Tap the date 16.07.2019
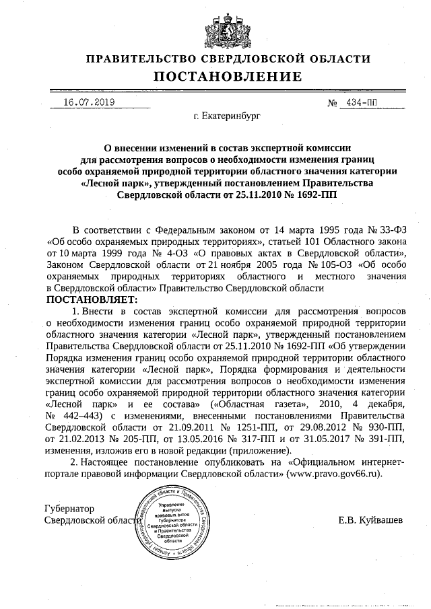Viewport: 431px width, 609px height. point(89,102)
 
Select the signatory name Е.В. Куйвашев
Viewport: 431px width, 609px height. point(369,520)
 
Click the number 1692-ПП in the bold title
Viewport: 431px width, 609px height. point(313,194)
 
